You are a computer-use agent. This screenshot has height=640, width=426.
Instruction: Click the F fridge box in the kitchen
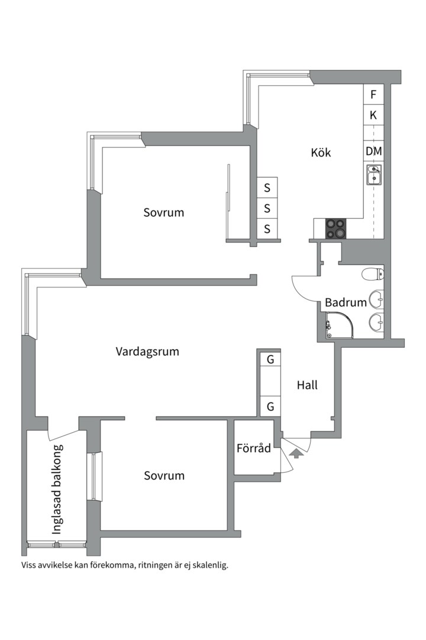373,94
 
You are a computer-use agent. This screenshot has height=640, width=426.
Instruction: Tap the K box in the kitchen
373,115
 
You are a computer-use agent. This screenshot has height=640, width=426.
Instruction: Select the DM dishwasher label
373,151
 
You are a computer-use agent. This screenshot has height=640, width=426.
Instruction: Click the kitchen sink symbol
373,175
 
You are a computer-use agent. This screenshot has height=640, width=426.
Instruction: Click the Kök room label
321,152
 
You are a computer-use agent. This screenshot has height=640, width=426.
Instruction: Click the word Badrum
346,302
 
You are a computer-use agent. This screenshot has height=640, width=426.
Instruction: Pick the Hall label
307,385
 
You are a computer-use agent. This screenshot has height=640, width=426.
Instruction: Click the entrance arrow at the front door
297,453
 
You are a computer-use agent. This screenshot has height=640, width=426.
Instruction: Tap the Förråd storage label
253,448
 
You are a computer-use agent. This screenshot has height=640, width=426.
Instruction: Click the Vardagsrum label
147,351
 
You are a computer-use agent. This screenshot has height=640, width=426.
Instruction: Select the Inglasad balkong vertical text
57,489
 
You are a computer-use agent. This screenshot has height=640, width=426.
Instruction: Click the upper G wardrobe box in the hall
270,359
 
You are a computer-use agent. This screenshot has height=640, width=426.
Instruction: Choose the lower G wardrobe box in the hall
270,407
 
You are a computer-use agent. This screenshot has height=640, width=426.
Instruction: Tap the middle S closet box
267,208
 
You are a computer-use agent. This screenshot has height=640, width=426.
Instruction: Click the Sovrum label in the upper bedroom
164,212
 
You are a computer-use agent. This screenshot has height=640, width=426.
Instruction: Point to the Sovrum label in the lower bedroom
164,475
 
